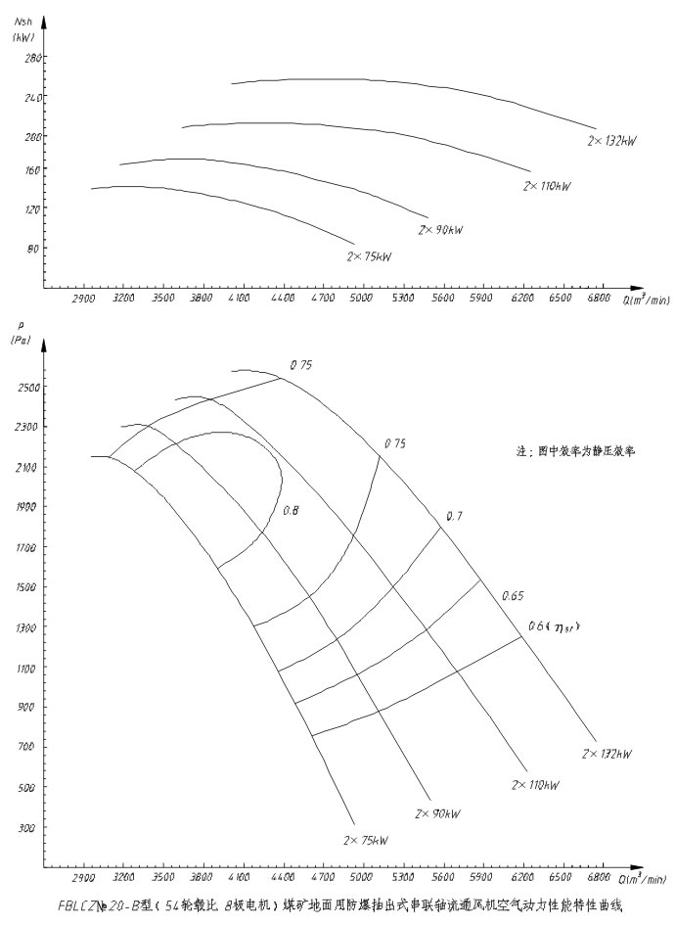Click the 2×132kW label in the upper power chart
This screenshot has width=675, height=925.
(611, 143)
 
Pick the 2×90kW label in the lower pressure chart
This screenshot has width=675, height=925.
(438, 813)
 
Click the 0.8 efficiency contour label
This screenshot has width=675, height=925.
(291, 511)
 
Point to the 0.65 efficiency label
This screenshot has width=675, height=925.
(515, 596)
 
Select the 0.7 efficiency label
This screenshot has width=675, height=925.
(454, 516)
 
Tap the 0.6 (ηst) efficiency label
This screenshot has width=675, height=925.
(555, 626)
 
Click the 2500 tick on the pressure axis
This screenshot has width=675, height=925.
(27, 388)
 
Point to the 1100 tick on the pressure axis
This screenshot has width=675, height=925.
(27, 669)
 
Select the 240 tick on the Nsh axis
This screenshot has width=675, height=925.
(29, 97)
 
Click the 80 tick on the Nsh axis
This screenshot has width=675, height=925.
(32, 248)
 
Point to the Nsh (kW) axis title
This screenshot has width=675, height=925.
(23, 30)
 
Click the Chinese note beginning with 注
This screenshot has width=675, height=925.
(576, 453)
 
